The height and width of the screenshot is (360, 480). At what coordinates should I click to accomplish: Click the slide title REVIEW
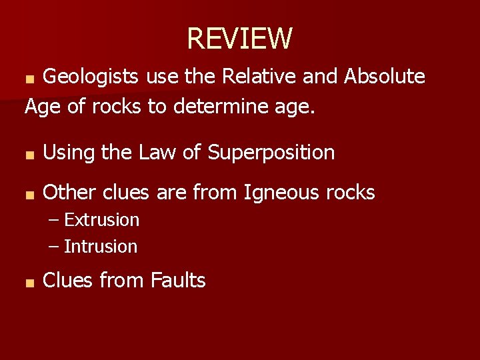pyautogui.click(x=239, y=39)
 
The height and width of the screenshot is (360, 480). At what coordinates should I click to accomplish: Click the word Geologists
pyautogui.click(x=91, y=77)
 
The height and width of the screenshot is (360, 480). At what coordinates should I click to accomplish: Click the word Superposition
pyautogui.click(x=271, y=153)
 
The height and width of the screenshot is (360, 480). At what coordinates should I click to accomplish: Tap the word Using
pyautogui.click(x=69, y=153)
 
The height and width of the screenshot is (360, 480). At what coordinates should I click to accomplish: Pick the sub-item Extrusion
pyautogui.click(x=101, y=220)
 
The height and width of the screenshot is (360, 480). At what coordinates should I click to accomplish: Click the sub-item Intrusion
pyautogui.click(x=100, y=247)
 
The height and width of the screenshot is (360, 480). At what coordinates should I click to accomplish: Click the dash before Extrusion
pyautogui.click(x=54, y=221)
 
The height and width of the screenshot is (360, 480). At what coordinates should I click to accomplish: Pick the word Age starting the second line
pyautogui.click(x=43, y=106)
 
